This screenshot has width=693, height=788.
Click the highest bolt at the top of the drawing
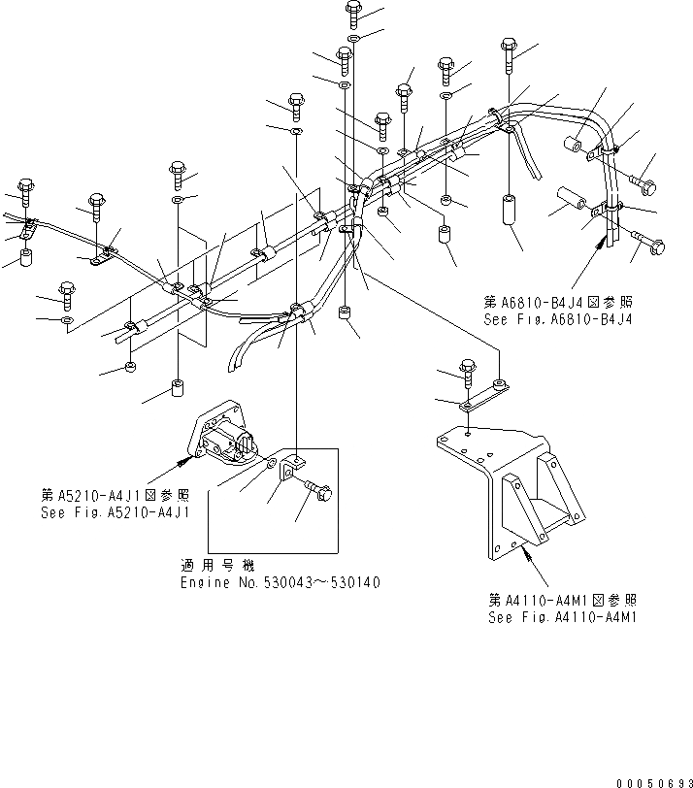[351, 15]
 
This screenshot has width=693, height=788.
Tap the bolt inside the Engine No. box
[318, 492]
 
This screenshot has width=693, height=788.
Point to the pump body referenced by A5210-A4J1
[230, 436]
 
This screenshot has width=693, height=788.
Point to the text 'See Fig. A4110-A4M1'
[563, 616]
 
